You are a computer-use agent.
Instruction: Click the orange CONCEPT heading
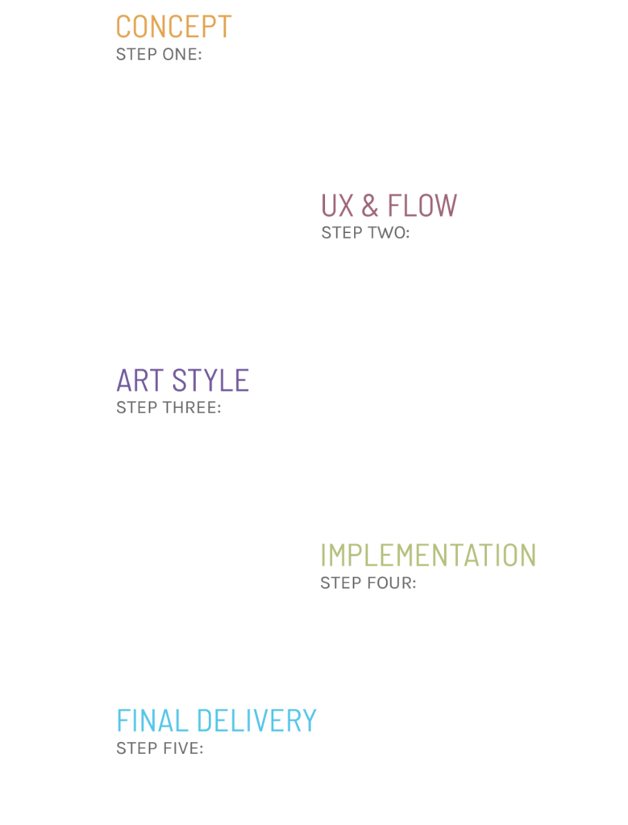point(173,27)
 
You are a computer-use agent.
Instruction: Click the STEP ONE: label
point(159,55)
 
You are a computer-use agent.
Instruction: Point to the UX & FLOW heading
point(389,205)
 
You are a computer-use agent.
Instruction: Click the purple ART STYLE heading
point(182,380)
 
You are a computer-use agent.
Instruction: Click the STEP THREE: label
point(168,408)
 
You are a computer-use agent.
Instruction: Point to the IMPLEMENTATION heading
point(427,555)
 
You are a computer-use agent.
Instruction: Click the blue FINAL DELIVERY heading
point(216,719)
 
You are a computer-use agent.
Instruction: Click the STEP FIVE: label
point(160,748)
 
